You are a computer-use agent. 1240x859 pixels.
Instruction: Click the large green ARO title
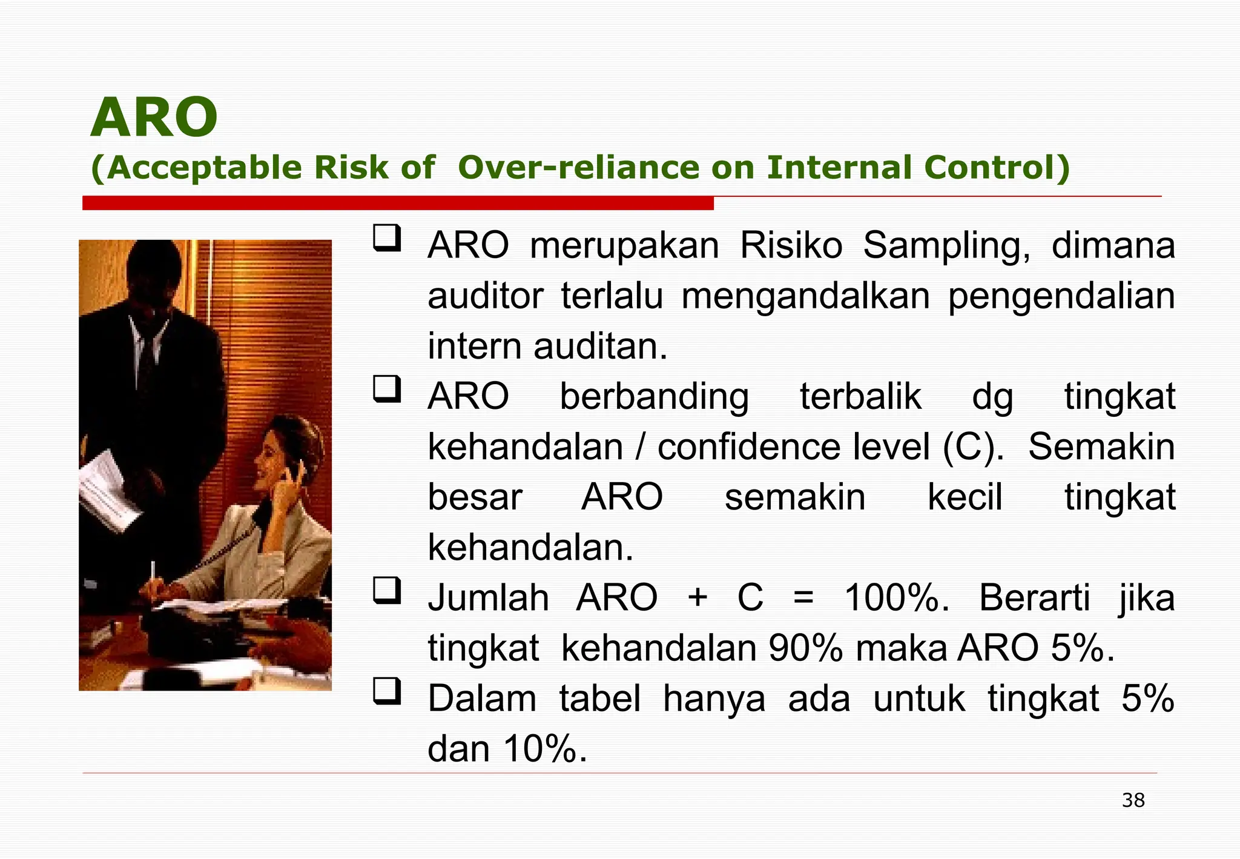click(154, 118)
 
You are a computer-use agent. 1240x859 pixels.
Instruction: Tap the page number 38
click(1133, 800)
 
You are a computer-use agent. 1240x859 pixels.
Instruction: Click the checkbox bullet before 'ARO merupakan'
click(387, 238)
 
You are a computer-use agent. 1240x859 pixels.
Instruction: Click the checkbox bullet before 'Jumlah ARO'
click(387, 591)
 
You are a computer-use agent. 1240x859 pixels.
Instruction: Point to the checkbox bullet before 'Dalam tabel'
click(387, 691)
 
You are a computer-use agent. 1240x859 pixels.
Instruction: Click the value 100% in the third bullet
click(896, 598)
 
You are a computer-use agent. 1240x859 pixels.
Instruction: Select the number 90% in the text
click(805, 648)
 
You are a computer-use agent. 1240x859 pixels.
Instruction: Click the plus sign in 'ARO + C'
click(697, 598)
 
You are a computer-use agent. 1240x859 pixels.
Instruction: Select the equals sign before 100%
click(803, 598)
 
